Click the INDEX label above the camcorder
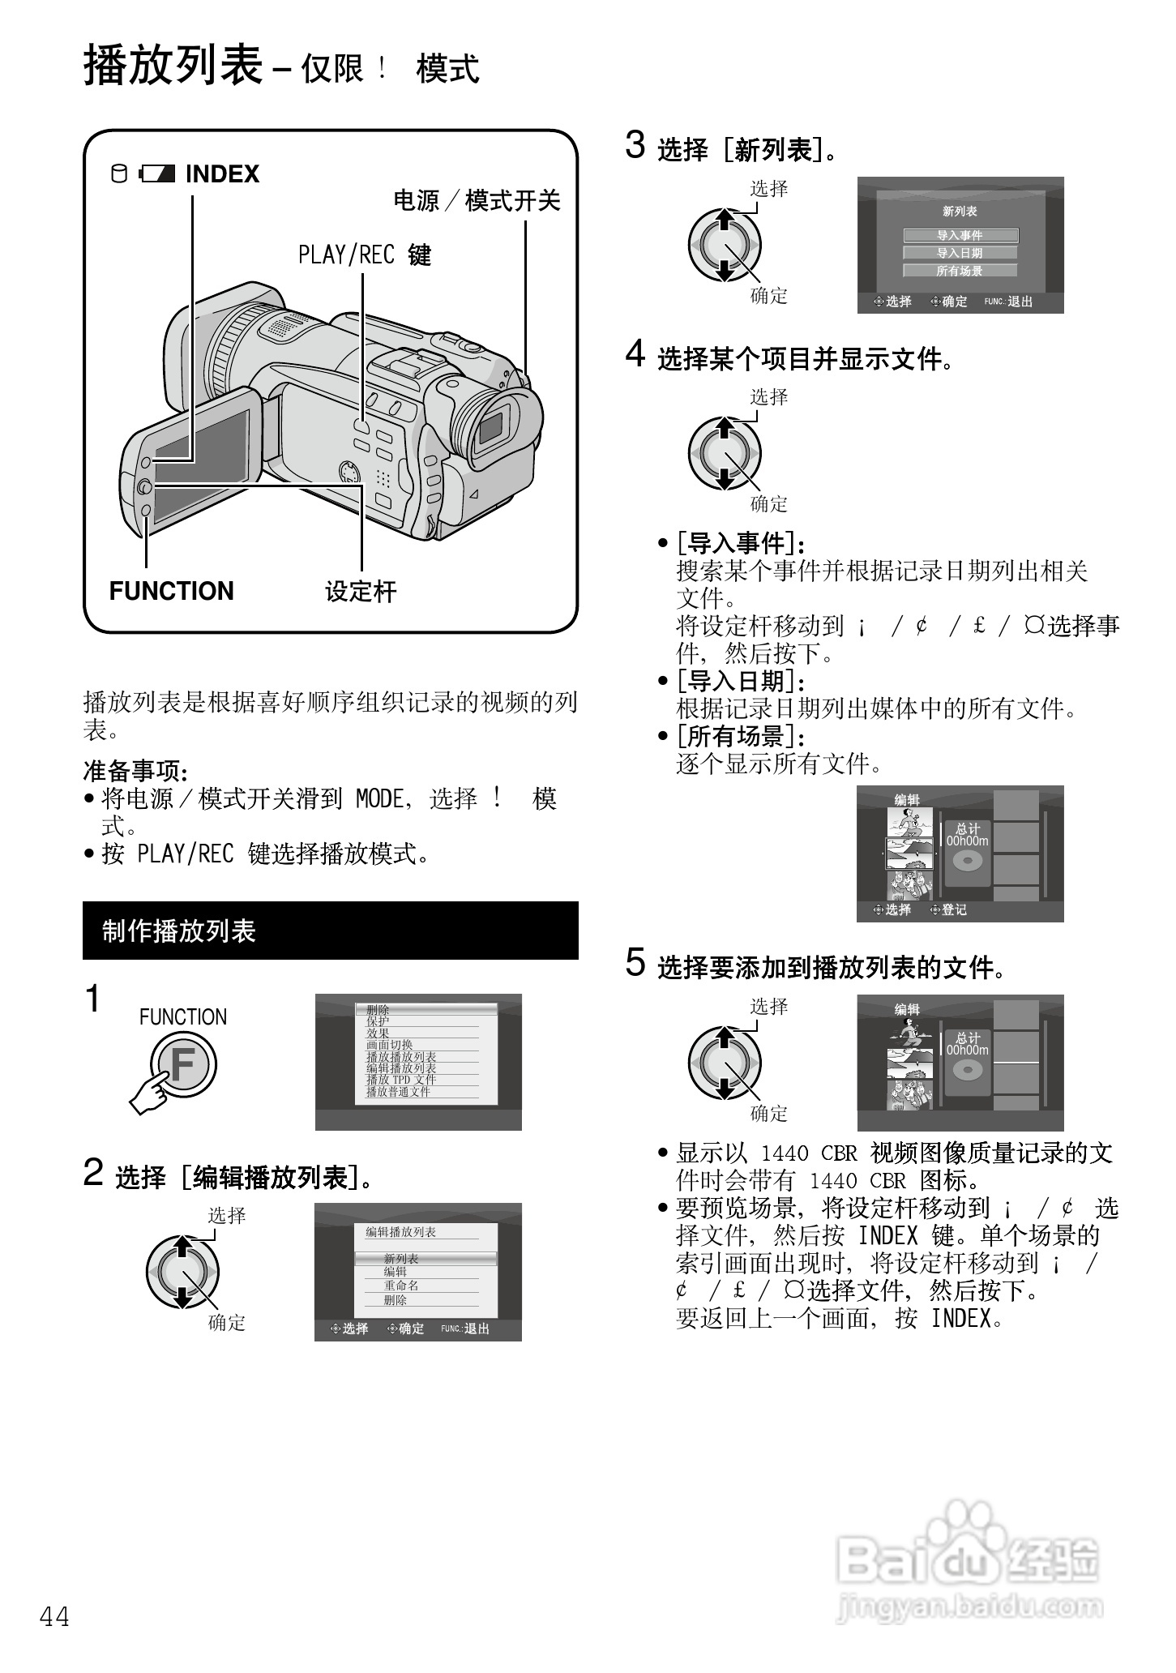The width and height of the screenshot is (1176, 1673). coord(221,174)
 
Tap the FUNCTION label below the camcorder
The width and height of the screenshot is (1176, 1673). coord(171,591)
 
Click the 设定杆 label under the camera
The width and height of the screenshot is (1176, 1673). coord(361,592)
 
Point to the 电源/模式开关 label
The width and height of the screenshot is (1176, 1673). coord(477,200)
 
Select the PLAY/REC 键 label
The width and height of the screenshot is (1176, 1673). coord(364,255)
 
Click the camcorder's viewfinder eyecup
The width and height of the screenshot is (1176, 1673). coord(496,426)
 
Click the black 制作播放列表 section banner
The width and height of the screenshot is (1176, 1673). coord(330,931)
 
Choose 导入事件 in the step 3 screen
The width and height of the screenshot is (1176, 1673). coord(960,235)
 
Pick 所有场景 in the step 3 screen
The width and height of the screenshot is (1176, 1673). coord(960,271)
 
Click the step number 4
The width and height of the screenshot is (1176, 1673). coord(635,355)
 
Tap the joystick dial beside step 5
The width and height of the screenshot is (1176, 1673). coord(725,1063)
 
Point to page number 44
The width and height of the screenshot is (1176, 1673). coord(54,1617)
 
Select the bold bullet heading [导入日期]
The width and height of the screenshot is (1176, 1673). coord(741,681)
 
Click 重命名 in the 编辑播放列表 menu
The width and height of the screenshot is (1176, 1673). coord(401,1286)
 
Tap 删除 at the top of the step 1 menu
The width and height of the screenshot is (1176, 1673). coord(378,1010)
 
